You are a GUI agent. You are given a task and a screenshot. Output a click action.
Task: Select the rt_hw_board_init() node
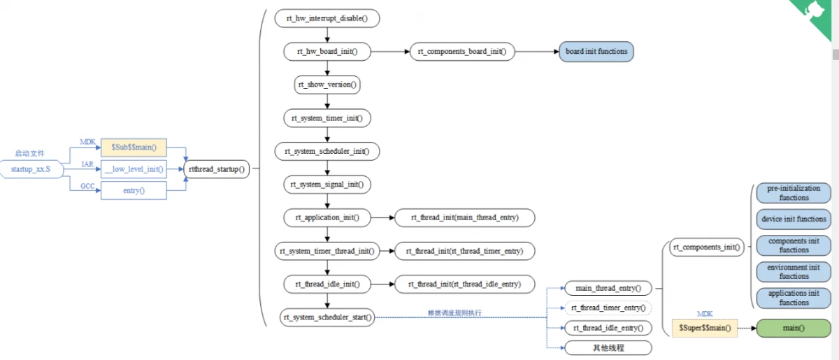coord(327,52)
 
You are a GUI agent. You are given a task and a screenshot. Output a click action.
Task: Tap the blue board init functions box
coord(596,52)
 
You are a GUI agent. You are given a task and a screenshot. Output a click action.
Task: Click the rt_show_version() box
coord(327,85)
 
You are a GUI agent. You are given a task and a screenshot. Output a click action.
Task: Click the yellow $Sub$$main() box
coord(134,147)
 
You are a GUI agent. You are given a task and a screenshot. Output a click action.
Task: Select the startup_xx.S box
coord(30,169)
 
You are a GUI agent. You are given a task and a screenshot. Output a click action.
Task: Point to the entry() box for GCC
coord(134,190)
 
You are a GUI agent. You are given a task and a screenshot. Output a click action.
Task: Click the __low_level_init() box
coord(134,168)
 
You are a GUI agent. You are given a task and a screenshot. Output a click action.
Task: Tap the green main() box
coord(793,328)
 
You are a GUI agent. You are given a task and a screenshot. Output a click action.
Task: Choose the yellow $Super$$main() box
coord(705,328)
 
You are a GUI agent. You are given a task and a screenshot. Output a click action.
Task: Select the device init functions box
coord(794,219)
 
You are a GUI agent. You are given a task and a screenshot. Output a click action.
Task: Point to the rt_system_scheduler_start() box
coord(327,317)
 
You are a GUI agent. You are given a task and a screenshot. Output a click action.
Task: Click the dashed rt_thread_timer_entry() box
coord(608,308)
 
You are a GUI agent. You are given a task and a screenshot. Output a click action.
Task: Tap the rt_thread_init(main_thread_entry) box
coord(465,217)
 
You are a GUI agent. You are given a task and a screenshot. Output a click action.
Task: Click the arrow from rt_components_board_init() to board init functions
coord(536,52)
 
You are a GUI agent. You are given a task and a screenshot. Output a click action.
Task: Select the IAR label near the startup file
coord(87,164)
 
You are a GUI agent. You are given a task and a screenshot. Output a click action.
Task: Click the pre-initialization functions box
coord(794,193)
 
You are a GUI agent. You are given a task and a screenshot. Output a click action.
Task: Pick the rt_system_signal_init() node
coord(327,185)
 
